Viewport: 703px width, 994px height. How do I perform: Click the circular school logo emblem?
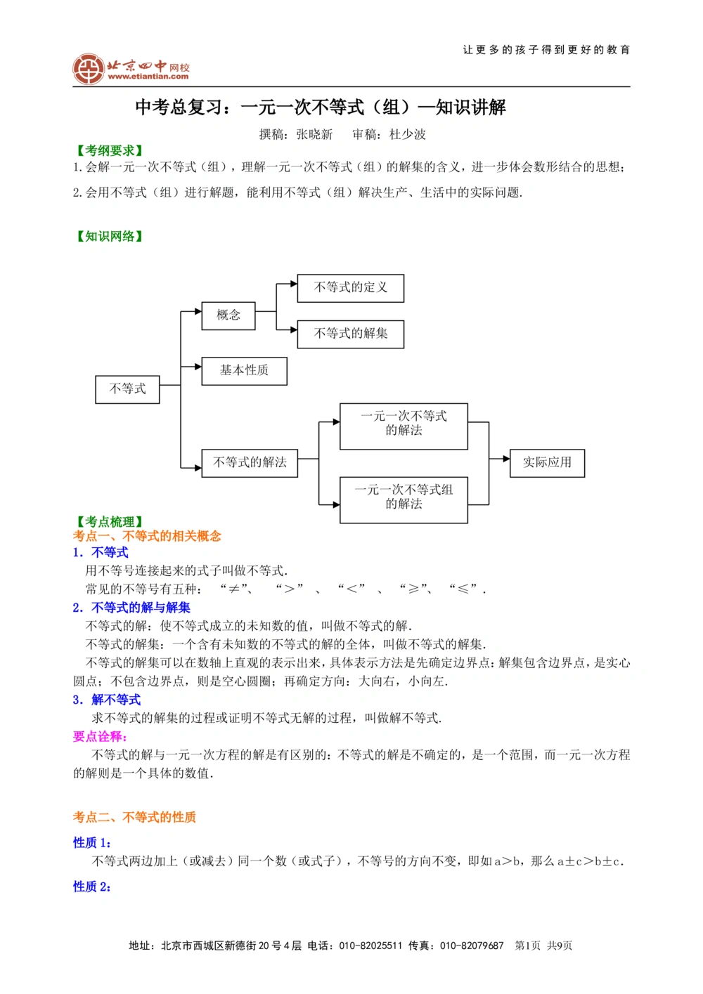[x=89, y=69]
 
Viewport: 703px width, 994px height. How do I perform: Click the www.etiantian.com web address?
[x=148, y=77]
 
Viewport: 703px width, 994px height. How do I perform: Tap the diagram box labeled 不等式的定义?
[x=350, y=288]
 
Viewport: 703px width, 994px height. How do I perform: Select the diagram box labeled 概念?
[x=228, y=315]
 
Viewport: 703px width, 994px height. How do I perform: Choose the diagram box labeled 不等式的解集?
[x=350, y=334]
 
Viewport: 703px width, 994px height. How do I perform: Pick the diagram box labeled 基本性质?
[x=244, y=370]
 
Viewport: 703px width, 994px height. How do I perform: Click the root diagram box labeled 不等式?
[x=127, y=389]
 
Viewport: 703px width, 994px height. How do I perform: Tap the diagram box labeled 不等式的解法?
[x=250, y=463]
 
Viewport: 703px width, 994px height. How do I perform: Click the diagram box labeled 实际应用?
[x=547, y=463]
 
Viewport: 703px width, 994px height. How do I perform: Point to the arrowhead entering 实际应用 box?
[x=505, y=459]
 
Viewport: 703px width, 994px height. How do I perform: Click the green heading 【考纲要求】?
[x=110, y=151]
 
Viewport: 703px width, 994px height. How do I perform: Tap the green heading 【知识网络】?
[x=110, y=237]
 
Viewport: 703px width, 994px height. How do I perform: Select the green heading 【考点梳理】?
[x=110, y=522]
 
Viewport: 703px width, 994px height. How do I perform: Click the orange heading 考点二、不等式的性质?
[x=134, y=817]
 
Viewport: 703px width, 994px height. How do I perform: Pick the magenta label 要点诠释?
[x=100, y=736]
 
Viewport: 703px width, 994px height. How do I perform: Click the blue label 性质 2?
[x=92, y=887]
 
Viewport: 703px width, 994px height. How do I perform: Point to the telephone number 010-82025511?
[x=370, y=946]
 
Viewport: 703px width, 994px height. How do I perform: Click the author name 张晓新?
[x=314, y=134]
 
